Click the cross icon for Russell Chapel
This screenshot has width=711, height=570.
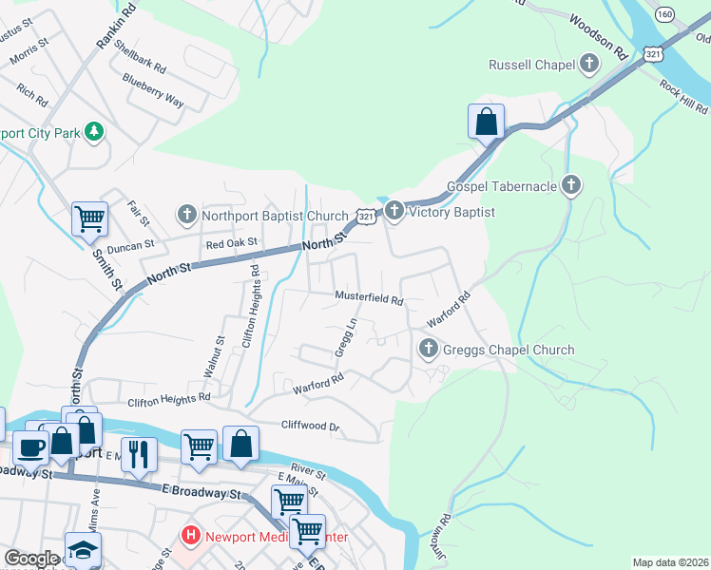(589, 65)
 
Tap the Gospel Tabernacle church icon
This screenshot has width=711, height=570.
(571, 186)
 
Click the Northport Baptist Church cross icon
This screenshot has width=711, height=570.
(187, 215)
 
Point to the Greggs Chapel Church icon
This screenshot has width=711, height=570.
(428, 350)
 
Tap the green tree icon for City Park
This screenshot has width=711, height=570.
(94, 132)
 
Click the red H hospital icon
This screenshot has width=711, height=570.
(191, 537)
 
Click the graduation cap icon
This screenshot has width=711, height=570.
(83, 549)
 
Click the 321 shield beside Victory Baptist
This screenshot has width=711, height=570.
(366, 218)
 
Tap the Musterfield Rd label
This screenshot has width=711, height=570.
(370, 297)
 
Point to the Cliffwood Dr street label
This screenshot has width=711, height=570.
(310, 427)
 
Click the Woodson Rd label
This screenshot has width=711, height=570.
(600, 33)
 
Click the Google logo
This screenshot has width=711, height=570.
(31, 559)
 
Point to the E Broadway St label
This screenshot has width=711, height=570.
(201, 493)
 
